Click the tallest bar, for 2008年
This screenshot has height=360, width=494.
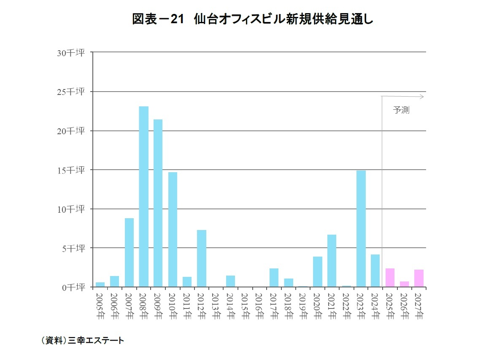pos(144,197)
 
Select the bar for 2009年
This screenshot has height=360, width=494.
pos(158,203)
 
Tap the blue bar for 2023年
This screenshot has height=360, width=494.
pos(361,229)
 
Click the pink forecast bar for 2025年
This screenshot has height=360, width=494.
pos(390,278)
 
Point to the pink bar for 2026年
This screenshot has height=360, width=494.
pos(404,284)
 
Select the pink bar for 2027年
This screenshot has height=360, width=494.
pos(419,278)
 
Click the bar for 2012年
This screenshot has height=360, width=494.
pos(202,258)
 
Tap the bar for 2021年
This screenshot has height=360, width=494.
pos(332,261)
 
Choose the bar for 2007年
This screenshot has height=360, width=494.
pos(129,252)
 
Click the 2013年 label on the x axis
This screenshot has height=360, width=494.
pos(216,306)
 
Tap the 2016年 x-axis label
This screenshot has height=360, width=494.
pos(259,306)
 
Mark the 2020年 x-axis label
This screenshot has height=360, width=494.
pos(317,306)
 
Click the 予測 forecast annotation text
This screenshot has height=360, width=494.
pos(401,111)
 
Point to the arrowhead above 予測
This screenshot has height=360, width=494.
pos(421,97)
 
